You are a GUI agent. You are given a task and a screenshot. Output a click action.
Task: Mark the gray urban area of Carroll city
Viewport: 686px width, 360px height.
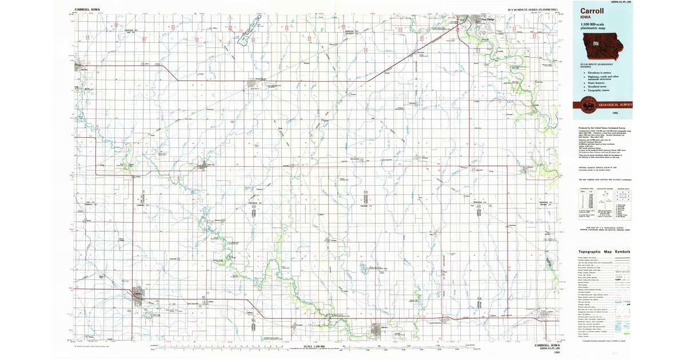(x=137, y=295)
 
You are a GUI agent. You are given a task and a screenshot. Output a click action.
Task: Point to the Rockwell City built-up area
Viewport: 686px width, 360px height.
(x=253, y=85)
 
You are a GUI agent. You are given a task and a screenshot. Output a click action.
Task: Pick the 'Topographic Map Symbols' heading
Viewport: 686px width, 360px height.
(x=604, y=251)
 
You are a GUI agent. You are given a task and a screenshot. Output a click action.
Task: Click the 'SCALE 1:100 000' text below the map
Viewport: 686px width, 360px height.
(x=315, y=346)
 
